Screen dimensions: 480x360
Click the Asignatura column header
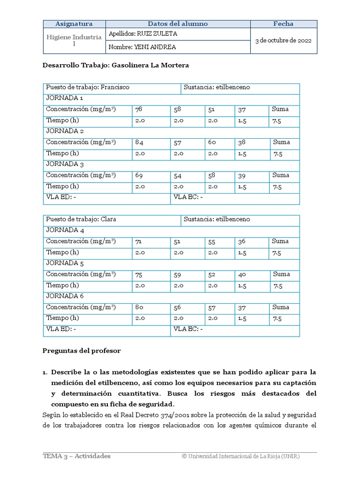click(74, 24)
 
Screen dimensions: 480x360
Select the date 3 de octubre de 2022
click(283, 40)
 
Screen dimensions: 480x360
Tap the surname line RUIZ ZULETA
click(142, 34)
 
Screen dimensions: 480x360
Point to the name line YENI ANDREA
click(142, 47)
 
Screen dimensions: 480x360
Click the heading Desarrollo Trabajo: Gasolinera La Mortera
click(116, 66)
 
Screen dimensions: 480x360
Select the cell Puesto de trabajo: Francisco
click(88, 87)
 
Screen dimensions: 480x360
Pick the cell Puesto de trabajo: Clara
click(81, 219)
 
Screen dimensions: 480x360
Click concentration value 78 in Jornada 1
click(139, 109)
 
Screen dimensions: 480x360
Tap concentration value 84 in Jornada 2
click(139, 142)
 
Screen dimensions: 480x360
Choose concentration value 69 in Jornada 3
click(139, 175)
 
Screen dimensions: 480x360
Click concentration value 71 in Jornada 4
click(138, 242)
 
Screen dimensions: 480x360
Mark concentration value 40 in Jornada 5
click(242, 275)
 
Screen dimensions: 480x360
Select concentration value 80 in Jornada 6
click(139, 308)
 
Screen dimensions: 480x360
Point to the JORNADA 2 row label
click(65, 131)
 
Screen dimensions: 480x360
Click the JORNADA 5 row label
click(65, 263)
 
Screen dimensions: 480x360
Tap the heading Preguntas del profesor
click(82, 351)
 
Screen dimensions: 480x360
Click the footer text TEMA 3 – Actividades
click(77, 456)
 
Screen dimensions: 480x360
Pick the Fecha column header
click(283, 24)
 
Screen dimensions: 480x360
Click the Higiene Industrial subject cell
click(74, 40)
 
